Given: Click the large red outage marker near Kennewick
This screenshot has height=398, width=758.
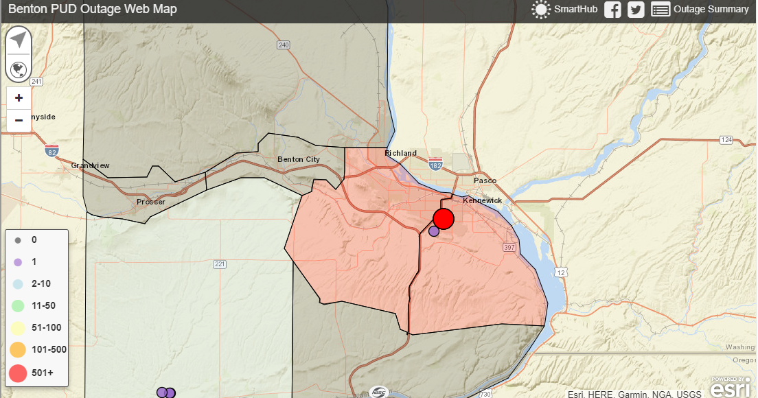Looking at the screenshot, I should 444,218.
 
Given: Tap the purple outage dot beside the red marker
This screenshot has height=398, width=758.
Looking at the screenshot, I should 434,231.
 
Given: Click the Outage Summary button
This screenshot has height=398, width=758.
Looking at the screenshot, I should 700,10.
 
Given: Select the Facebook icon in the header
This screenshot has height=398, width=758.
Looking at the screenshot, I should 612,10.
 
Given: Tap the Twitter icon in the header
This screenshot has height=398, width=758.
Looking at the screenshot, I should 636,10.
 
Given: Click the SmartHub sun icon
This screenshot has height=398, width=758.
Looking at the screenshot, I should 541,10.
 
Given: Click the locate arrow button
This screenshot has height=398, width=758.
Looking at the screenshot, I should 19,39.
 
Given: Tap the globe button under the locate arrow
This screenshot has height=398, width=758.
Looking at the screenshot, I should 19,69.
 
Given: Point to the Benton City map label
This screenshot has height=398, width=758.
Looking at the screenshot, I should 299,159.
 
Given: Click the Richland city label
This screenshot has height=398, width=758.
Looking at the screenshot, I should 400,153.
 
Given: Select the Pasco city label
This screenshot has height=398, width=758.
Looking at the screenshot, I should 485,180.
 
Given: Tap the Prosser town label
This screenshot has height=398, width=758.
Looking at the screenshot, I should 150,202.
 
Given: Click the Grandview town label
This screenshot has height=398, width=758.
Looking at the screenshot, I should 90,165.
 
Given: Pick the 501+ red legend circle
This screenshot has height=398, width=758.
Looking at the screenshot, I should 19,372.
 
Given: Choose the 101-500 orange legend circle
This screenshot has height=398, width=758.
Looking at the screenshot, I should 19,349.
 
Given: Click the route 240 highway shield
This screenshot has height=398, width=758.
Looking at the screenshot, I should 284,45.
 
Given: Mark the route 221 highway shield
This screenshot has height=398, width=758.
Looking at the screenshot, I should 220,264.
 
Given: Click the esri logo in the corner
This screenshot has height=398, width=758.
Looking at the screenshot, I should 730,388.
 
